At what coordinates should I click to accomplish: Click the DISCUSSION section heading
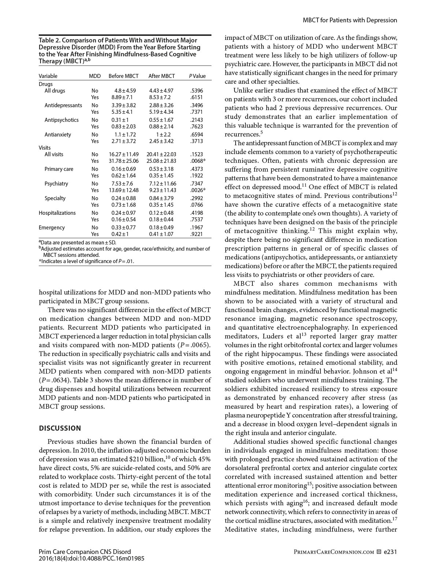[x=60, y=428]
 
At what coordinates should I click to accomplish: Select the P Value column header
[x=197, y=76]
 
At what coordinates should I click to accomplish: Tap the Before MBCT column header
[x=123, y=76]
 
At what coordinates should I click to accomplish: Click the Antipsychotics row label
[x=61, y=120]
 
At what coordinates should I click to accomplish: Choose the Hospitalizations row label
[x=57, y=213]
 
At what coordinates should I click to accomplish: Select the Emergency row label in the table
[x=52, y=228]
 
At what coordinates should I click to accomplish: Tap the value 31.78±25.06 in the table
[x=124, y=161]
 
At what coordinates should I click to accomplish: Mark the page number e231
[x=390, y=552]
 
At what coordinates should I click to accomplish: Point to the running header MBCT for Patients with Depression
[x=350, y=20]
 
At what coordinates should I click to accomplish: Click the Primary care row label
[x=59, y=169]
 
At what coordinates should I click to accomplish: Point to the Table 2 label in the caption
[x=49, y=40]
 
